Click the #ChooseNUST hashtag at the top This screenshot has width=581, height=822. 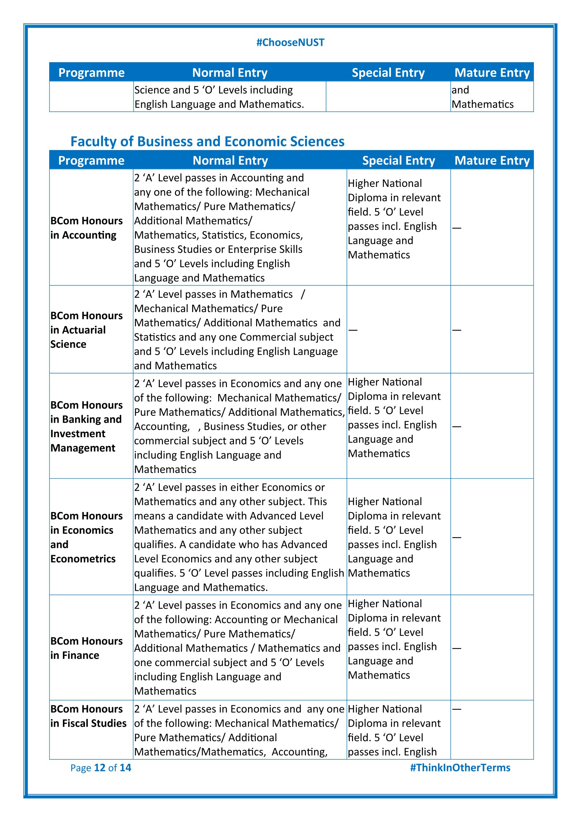coord(290,43)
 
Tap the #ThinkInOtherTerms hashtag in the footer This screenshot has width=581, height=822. coord(460,767)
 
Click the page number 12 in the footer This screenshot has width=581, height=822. coord(99,768)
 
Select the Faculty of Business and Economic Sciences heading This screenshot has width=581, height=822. coord(207,141)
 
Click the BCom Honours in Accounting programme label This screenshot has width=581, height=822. coord(86,228)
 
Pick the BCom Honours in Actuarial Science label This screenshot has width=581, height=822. coord(86,330)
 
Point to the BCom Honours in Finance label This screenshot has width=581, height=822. coord(86,648)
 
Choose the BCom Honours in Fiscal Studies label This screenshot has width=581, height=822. coord(88,716)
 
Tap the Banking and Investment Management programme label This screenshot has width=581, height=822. coord(86,426)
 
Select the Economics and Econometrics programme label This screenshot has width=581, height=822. coord(86,537)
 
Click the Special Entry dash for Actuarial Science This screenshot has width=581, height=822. coord(353,330)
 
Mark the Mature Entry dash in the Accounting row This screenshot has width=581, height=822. coord(457,228)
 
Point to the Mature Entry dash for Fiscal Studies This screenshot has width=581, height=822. coord(457,709)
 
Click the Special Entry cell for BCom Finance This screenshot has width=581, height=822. coord(394,639)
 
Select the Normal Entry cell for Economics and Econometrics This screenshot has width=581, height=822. coord(239,537)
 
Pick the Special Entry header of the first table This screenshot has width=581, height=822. coord(388,73)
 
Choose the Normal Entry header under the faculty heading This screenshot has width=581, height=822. coord(230,161)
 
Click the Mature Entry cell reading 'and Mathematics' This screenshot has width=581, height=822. coord(482,97)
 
